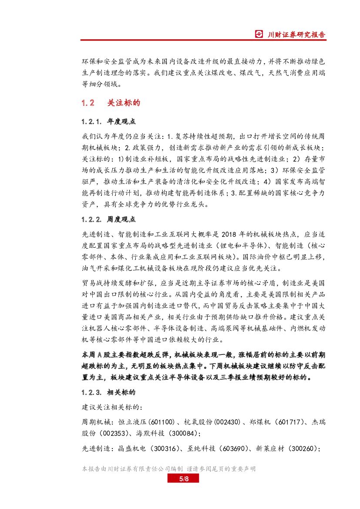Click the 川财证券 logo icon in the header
(x=259, y=34)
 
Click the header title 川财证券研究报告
(x=296, y=34)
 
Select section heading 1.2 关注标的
(x=111, y=103)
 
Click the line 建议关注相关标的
(x=112, y=408)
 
